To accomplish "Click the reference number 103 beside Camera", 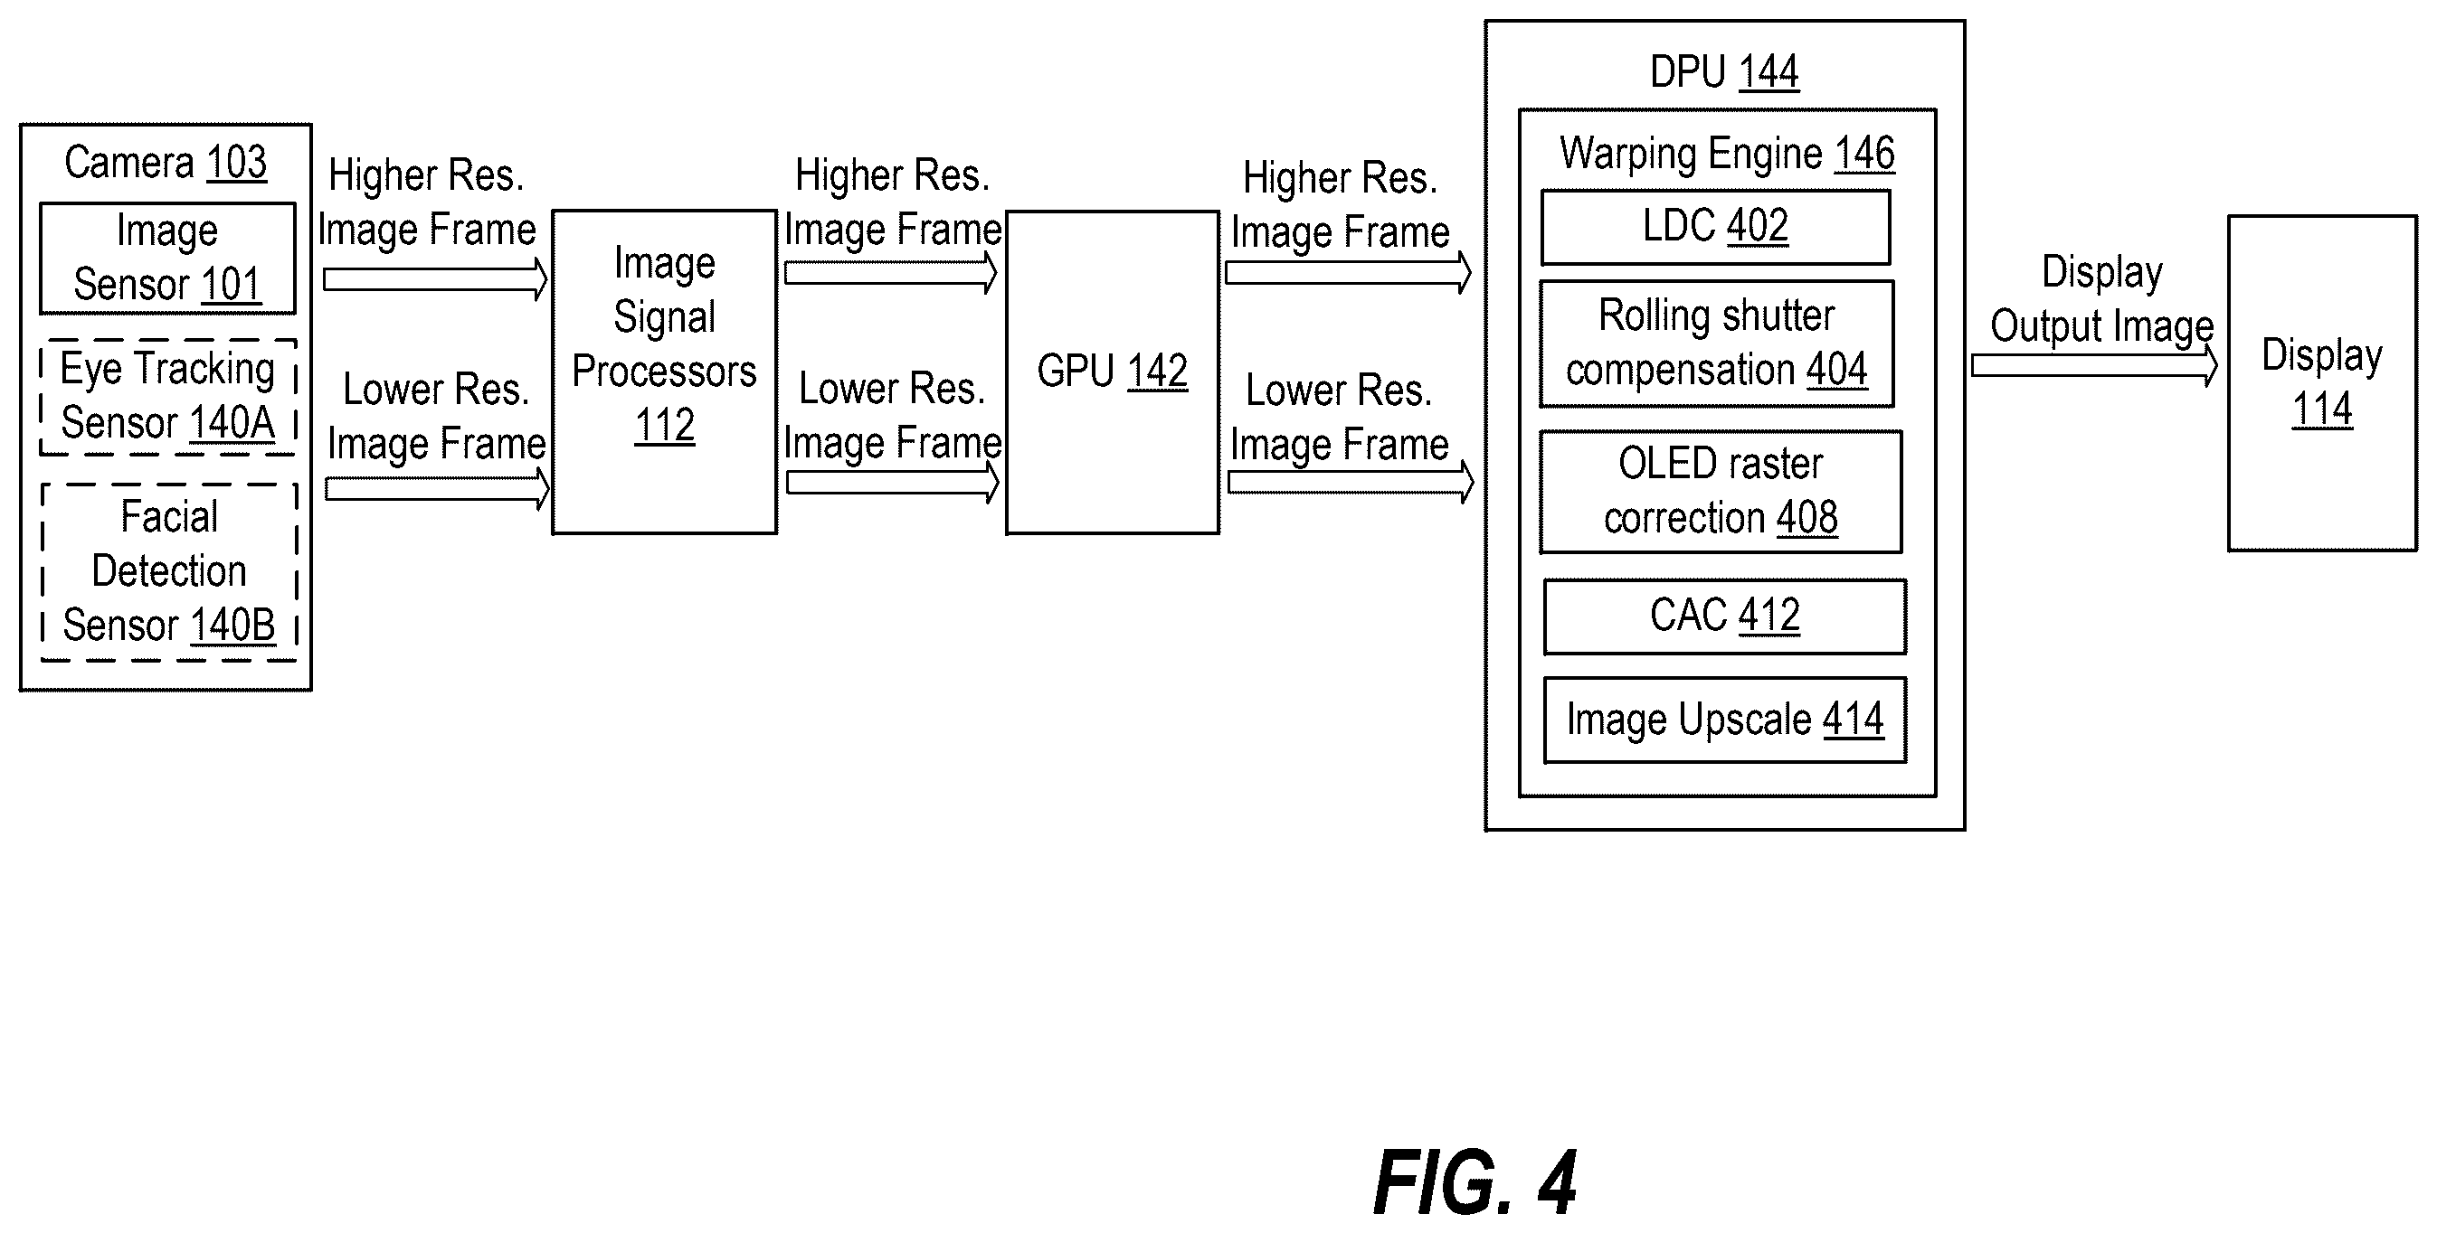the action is pos(236,163).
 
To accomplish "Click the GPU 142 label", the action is pos(1113,371).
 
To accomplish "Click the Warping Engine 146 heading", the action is pos(1727,154).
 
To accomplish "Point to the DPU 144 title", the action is pos(1723,71).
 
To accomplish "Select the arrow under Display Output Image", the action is pos(2094,366).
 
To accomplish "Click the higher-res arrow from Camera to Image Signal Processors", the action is pos(436,280).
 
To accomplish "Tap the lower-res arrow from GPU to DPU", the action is pos(1351,482).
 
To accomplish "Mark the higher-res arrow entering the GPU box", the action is pos(891,273).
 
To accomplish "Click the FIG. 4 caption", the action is pos(1474,1183).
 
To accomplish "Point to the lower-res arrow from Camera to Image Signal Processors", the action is pos(437,489).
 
